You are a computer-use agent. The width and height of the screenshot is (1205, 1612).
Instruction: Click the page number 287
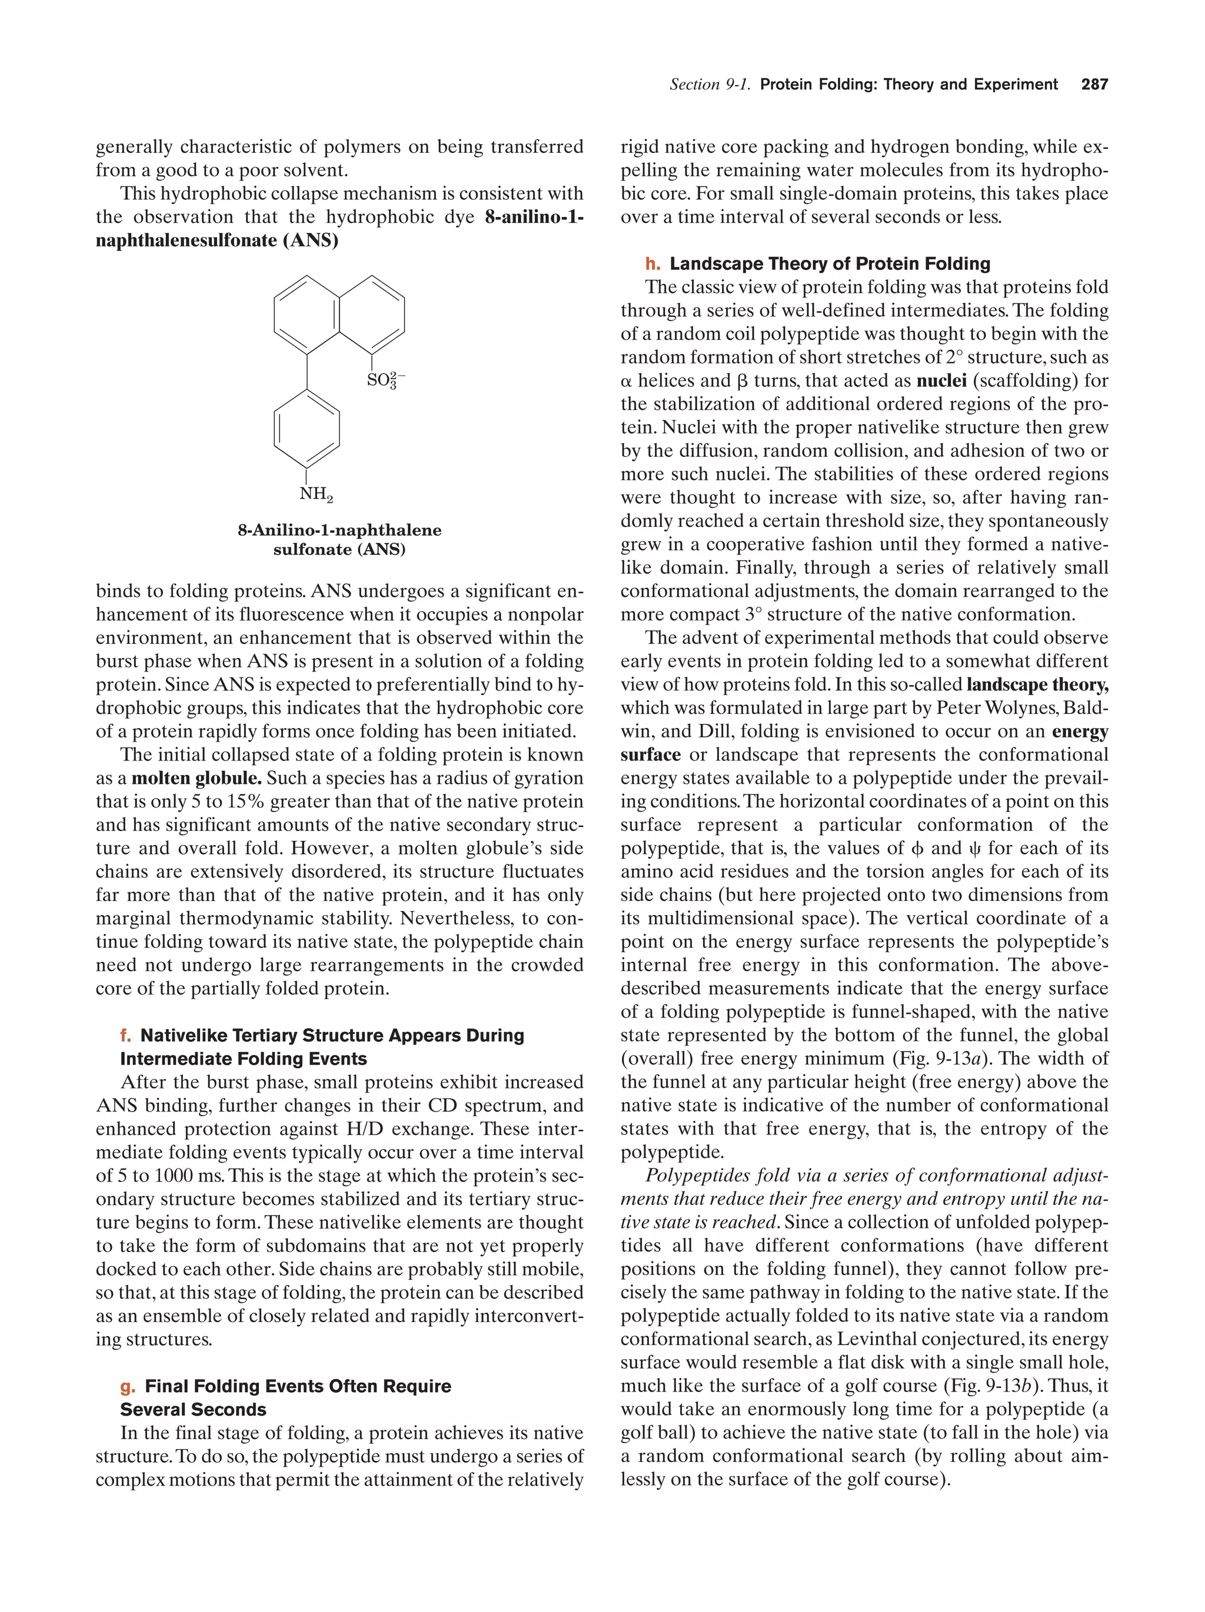(x=1094, y=85)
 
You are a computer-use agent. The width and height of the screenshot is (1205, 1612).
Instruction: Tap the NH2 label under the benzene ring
(x=315, y=495)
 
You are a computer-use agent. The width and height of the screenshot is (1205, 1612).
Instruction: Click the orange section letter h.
(x=653, y=264)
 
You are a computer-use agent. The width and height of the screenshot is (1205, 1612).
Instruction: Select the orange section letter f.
(x=126, y=1036)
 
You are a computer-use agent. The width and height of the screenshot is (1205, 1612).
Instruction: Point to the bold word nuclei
(x=941, y=381)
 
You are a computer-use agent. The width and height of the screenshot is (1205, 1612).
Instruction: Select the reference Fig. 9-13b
(x=986, y=1386)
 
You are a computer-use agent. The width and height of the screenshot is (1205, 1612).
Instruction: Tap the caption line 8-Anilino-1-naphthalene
(x=339, y=530)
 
